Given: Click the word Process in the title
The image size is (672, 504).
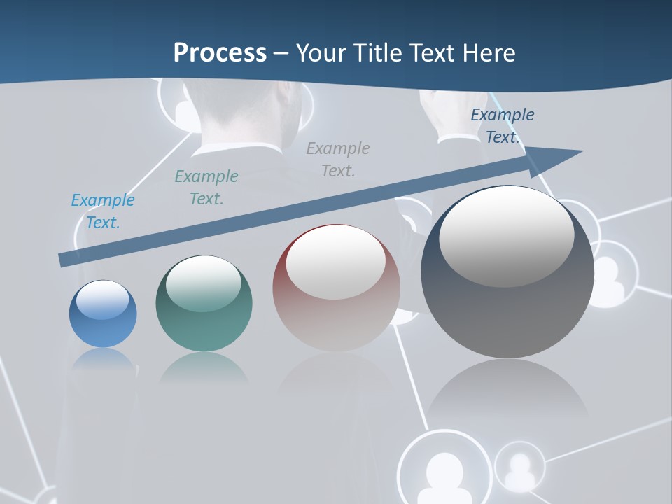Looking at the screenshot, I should [x=220, y=53].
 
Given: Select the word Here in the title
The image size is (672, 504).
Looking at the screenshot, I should [x=488, y=53].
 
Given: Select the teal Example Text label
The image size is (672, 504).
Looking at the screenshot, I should [x=206, y=188].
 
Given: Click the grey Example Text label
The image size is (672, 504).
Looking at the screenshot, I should [x=338, y=159].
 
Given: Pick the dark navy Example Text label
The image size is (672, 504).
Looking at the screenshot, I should [x=502, y=126].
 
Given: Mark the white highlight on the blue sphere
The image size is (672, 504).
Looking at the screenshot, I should [x=102, y=300].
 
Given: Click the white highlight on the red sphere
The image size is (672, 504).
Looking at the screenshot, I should [x=335, y=262].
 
